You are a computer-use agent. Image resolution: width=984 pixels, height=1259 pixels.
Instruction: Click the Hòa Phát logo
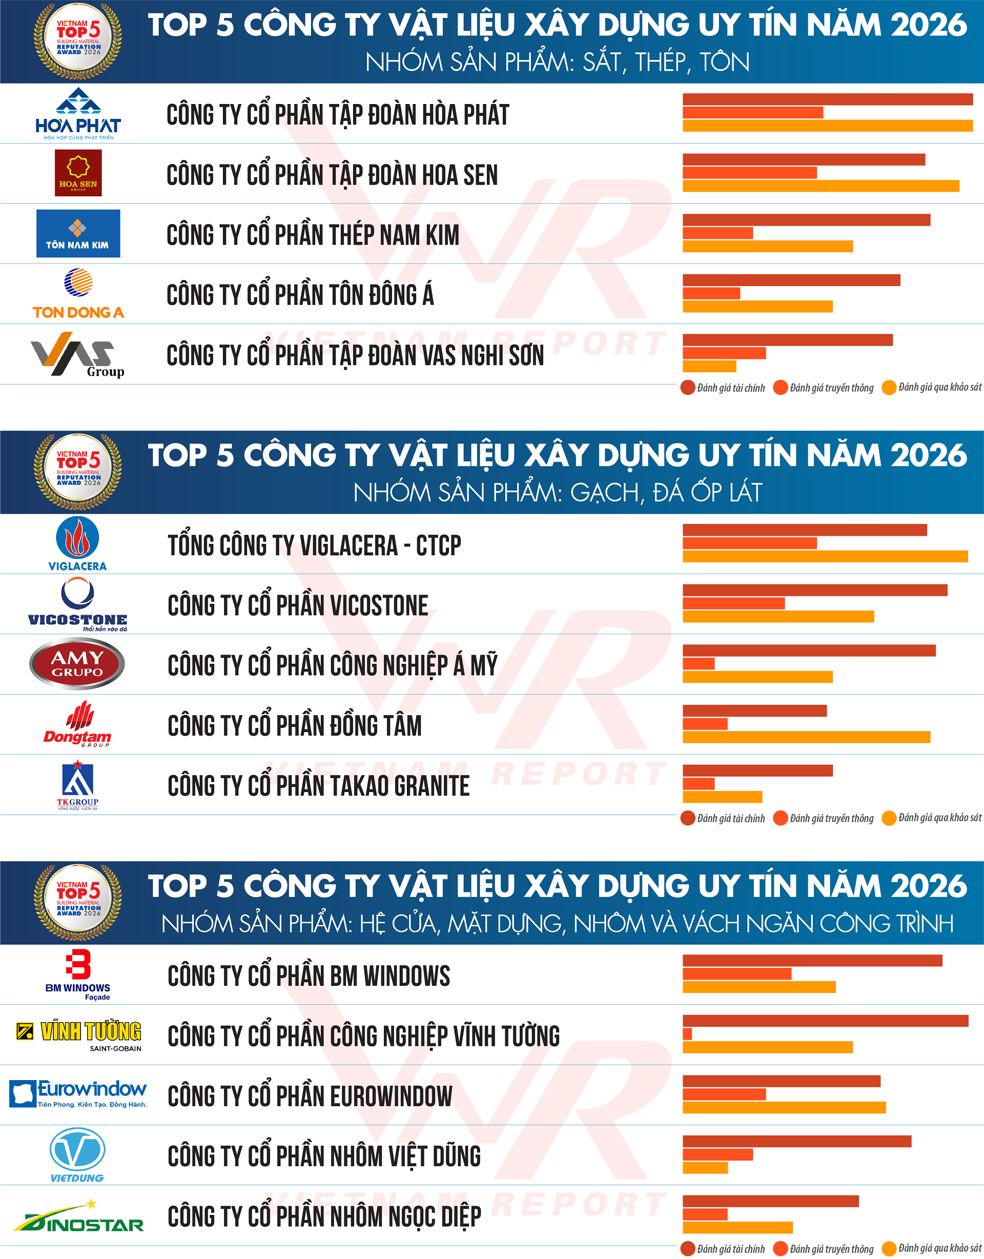click(78, 114)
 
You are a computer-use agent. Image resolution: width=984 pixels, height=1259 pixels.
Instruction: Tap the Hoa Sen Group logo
click(78, 173)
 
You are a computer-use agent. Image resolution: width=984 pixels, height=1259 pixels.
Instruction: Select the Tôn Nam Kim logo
click(78, 233)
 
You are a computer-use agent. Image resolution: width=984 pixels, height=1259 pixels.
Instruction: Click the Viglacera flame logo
click(77, 543)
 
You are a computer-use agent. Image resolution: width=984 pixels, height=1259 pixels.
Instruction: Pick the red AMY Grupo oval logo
click(77, 663)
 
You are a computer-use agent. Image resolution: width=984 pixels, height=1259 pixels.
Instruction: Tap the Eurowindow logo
click(78, 1093)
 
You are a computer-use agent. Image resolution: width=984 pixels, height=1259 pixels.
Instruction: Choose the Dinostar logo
click(78, 1216)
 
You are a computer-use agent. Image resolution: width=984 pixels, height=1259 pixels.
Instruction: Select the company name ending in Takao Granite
click(318, 785)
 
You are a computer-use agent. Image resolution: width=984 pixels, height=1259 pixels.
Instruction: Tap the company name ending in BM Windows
click(309, 976)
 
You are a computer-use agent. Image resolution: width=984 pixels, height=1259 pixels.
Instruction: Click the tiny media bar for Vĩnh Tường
click(687, 1033)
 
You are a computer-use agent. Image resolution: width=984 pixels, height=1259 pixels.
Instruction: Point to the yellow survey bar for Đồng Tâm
click(806, 737)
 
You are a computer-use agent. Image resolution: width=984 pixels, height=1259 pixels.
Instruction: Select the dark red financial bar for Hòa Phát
click(827, 99)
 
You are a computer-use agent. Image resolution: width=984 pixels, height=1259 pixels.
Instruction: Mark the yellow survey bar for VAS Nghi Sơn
click(709, 366)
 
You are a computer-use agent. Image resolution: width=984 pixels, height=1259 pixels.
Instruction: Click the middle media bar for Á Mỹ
click(698, 663)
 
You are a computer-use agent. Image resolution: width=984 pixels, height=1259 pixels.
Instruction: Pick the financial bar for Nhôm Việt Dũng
click(796, 1141)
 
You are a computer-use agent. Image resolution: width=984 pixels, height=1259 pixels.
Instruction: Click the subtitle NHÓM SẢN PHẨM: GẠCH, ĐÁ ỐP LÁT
click(557, 493)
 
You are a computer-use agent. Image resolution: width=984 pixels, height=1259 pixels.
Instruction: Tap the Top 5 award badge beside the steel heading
click(78, 40)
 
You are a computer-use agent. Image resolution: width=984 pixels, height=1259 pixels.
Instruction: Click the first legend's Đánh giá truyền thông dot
click(780, 388)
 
